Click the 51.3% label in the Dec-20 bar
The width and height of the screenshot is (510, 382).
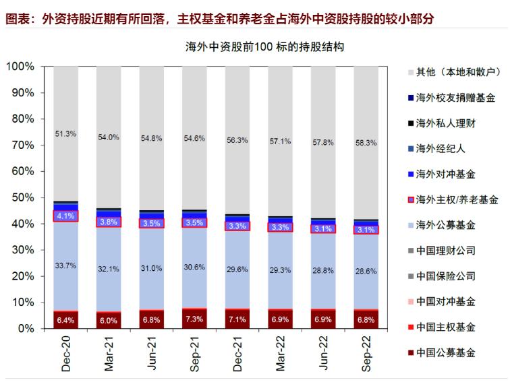65,134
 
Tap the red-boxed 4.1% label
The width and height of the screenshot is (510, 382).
65,216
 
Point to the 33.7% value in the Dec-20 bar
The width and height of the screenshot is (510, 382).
65,265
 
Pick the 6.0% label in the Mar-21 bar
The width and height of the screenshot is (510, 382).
109,321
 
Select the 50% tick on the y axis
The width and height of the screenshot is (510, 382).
23,198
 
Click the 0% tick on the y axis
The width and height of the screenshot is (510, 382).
26,329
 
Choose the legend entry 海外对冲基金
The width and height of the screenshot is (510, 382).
446,174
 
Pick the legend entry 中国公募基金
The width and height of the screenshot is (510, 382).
446,352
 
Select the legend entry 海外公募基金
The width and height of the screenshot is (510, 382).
446,225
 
